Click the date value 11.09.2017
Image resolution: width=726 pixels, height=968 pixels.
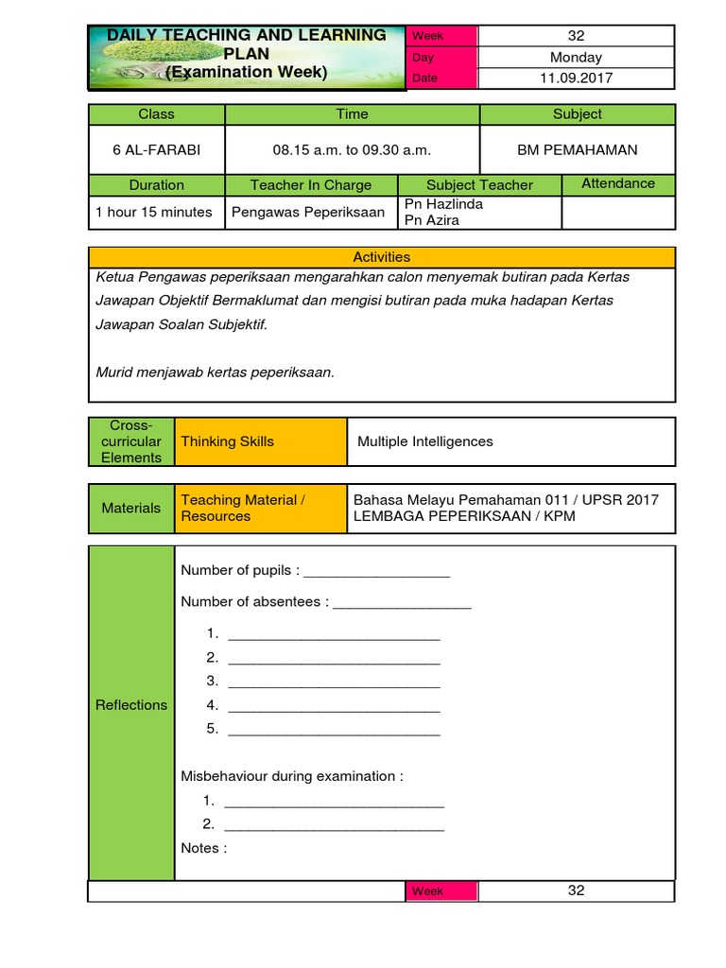[x=576, y=78]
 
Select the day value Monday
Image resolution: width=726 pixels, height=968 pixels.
[x=576, y=57]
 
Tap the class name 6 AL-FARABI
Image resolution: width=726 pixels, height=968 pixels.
[x=157, y=149]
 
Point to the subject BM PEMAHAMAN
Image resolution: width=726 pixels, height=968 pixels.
[x=577, y=149]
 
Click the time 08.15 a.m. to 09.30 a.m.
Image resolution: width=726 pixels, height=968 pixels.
[x=352, y=149]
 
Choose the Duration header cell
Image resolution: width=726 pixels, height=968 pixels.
[x=157, y=185]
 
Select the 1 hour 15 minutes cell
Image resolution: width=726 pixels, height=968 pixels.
[x=154, y=212]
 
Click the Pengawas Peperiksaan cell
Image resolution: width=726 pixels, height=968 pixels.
[x=308, y=212]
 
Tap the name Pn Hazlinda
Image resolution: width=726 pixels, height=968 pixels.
[x=443, y=204]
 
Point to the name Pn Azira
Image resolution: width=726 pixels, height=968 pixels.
[x=432, y=220]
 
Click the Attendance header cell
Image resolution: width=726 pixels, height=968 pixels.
[x=618, y=183]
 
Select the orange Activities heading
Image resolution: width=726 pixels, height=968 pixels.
[x=382, y=256]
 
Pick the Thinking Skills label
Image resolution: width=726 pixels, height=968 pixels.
[x=228, y=441]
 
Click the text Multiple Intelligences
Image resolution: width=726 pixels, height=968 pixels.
[x=425, y=441]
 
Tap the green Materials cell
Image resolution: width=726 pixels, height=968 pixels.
[x=131, y=509]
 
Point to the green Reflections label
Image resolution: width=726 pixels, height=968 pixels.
[x=131, y=705]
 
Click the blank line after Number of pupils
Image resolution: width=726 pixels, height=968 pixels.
[x=376, y=572]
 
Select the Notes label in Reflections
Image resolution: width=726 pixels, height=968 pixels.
[x=203, y=848]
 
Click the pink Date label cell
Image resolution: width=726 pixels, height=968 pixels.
[x=441, y=78]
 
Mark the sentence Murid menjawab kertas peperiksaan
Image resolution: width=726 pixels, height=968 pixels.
[x=216, y=372]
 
